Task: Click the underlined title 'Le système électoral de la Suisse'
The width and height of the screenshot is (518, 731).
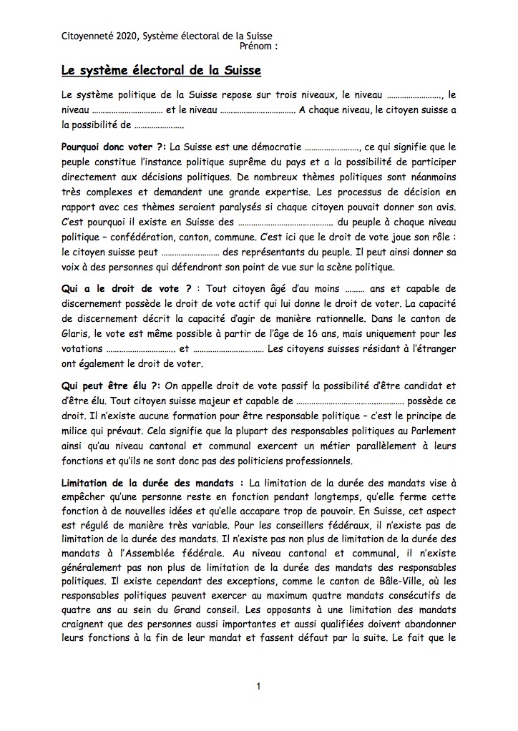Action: [161, 71]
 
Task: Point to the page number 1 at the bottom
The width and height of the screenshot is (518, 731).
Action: [258, 687]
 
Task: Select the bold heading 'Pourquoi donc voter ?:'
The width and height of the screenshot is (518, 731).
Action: [113, 147]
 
